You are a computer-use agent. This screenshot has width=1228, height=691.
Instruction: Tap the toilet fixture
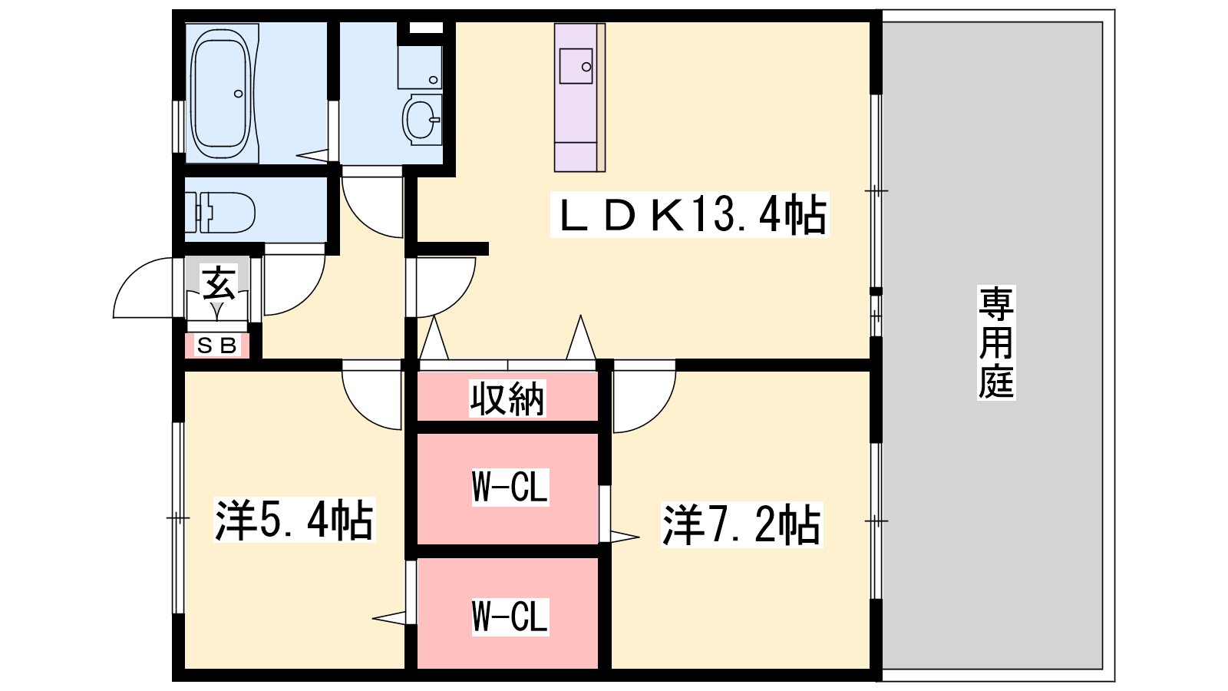pos(220,213)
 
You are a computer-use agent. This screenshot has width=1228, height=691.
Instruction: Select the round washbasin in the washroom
pos(421,120)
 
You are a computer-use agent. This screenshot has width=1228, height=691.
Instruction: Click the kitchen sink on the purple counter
pos(576,66)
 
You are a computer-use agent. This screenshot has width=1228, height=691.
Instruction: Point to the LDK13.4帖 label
pos(690,214)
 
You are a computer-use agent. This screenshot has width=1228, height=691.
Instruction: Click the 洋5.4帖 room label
pos(295,520)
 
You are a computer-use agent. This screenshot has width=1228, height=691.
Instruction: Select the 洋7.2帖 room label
pos(741,525)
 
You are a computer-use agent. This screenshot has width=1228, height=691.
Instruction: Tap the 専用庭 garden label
pos(996,342)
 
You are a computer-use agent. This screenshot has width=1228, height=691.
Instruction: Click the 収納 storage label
pos(507,398)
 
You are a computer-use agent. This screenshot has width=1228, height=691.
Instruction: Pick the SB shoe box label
pos(217,345)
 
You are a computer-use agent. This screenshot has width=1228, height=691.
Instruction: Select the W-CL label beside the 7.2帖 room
pos(510,487)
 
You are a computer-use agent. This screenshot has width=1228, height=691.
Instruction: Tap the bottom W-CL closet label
pos(510,617)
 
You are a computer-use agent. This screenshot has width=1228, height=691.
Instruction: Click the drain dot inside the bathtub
pos(238,94)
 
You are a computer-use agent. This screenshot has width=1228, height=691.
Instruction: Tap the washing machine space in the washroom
pos(420,67)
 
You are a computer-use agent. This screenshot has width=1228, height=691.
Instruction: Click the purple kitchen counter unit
pos(579,98)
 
